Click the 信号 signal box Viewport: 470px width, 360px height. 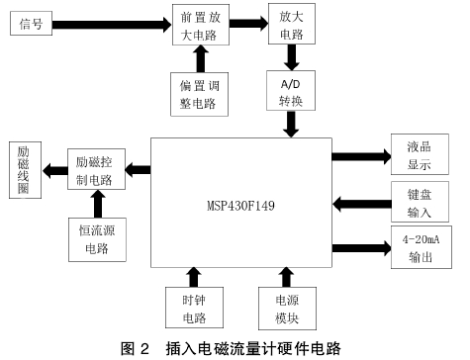point(33,23)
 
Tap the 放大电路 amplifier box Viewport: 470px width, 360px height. point(291,28)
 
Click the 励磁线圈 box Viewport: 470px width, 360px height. point(24,170)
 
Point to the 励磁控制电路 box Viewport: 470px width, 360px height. point(97,170)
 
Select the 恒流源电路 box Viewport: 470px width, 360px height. point(97,237)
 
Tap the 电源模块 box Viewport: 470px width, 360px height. point(285,309)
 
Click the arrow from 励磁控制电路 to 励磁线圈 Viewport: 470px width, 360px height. point(52,170)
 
